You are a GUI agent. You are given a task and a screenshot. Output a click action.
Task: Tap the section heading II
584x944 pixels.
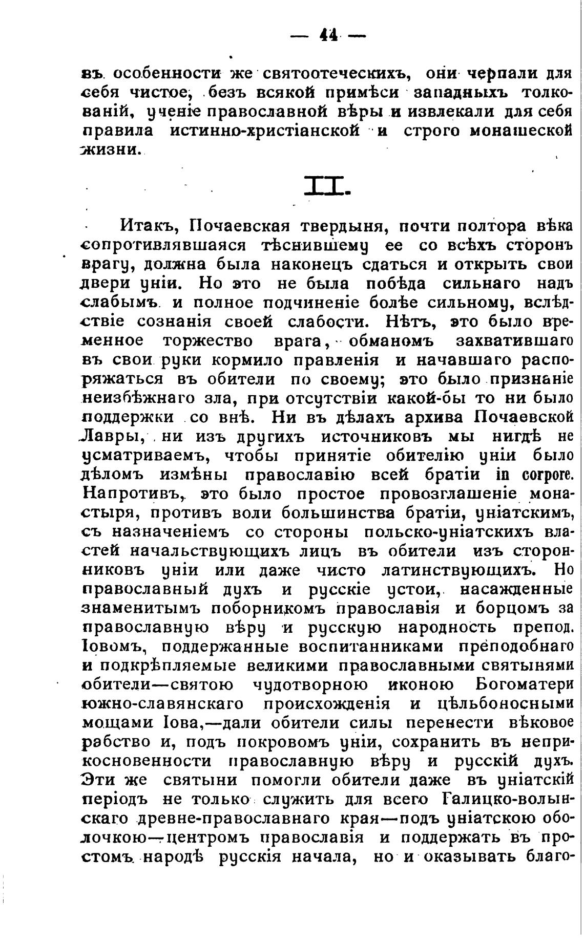pos(327,186)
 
